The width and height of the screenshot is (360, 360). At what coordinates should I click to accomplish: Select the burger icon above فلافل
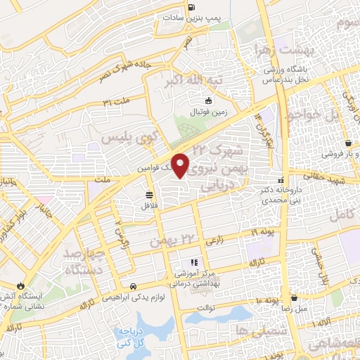click(x=150, y=195)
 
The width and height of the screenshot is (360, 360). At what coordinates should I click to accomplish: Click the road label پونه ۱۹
click(x=263, y=231)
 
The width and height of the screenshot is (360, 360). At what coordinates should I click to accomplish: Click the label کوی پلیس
click(x=127, y=137)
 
